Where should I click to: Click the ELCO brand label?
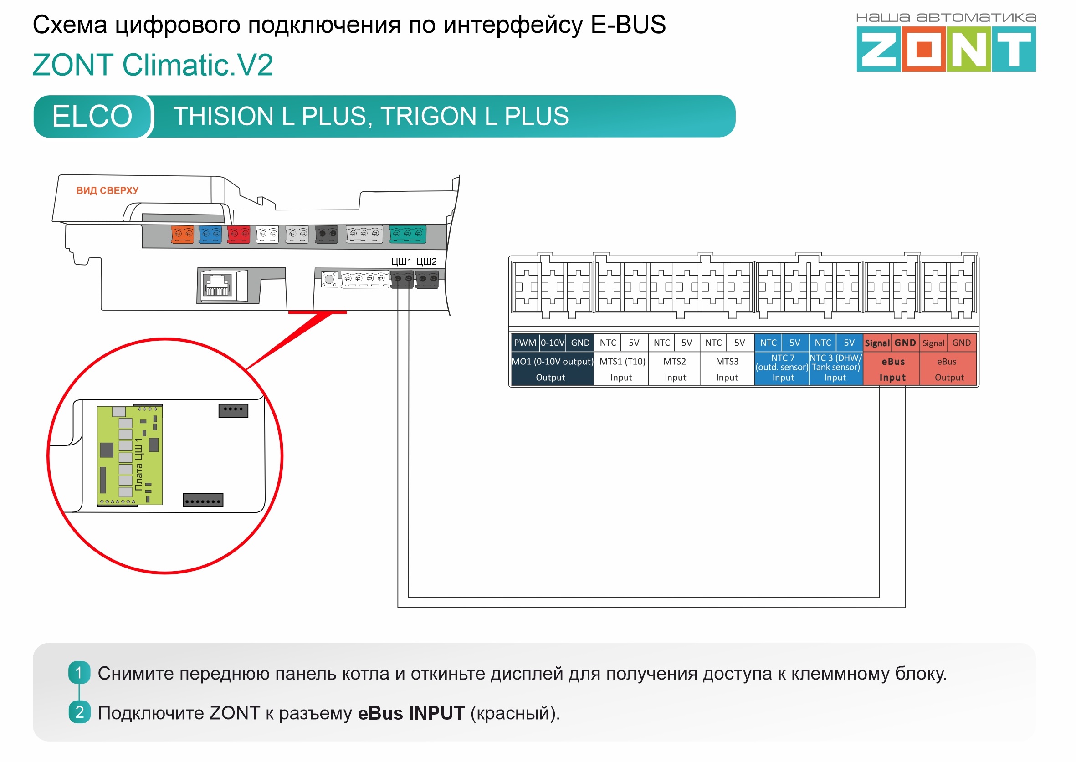[x=92, y=116]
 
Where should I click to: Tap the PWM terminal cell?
[x=525, y=343]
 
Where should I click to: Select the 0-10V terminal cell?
[x=552, y=343]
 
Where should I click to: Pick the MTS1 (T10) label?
[x=622, y=362]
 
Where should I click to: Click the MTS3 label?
[x=727, y=362]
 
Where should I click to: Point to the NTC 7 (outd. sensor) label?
[x=782, y=363]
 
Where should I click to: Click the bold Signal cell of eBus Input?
[x=877, y=343]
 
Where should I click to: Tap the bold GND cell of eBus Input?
[x=905, y=343]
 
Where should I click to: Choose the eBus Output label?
[x=948, y=370]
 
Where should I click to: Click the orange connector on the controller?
[x=183, y=234]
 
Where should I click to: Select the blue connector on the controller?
[x=210, y=234]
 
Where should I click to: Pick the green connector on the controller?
[x=408, y=234]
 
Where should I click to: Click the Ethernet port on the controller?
[x=218, y=285]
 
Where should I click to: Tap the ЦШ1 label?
[x=401, y=261]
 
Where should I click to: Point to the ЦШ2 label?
[x=426, y=261]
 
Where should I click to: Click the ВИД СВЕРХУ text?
[x=108, y=190]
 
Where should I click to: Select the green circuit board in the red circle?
[x=129, y=455]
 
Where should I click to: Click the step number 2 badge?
[x=79, y=712]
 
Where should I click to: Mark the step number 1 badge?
[x=79, y=673]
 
